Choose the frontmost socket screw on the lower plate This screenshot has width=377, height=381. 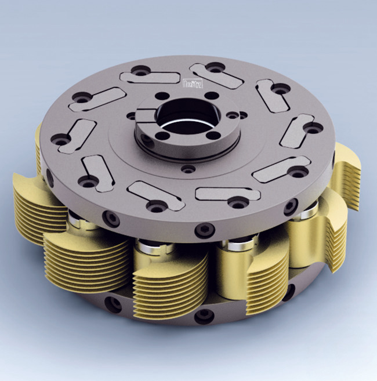[x=204, y=317]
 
